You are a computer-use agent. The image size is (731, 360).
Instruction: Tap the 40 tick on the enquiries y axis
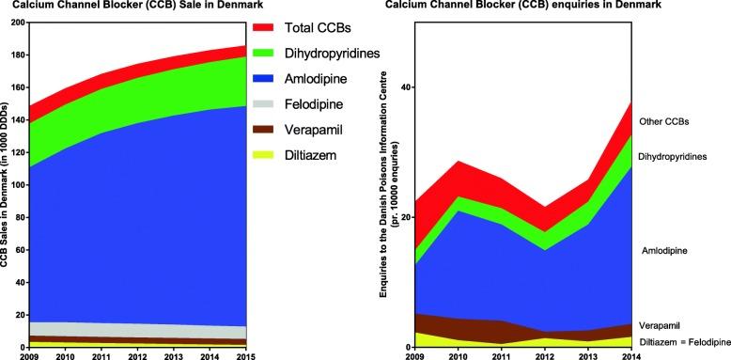coord(408,87)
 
